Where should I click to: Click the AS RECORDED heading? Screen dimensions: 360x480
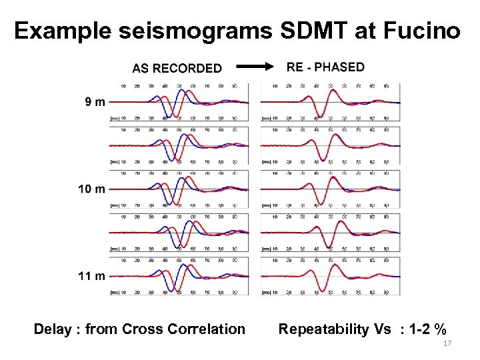click(x=177, y=68)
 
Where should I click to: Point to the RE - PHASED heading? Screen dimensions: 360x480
click(x=325, y=67)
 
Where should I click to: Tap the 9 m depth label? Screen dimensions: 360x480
click(x=94, y=102)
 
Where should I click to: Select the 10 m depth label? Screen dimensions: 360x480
click(x=91, y=189)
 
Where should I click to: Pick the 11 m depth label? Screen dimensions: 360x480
click(x=91, y=275)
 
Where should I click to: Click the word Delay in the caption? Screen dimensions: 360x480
click(x=55, y=329)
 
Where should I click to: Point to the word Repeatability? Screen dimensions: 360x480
click(x=323, y=329)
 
